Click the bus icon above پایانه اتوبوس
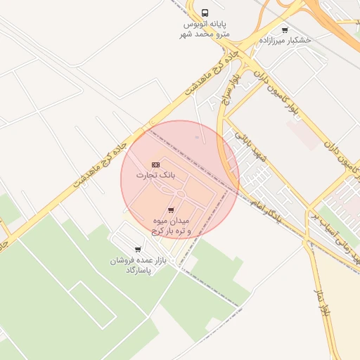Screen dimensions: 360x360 coord(205,13)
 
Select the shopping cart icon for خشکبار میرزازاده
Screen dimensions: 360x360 coord(284,30)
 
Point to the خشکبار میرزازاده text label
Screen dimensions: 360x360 coord(284,41)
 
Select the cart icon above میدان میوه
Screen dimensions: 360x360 coord(171,210)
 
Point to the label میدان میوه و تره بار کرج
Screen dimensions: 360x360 coord(171,226)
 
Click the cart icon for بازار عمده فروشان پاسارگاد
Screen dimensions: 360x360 coord(137,249)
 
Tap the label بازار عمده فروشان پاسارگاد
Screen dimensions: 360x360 coord(139,265)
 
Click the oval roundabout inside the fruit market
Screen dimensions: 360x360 coord(181,193)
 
